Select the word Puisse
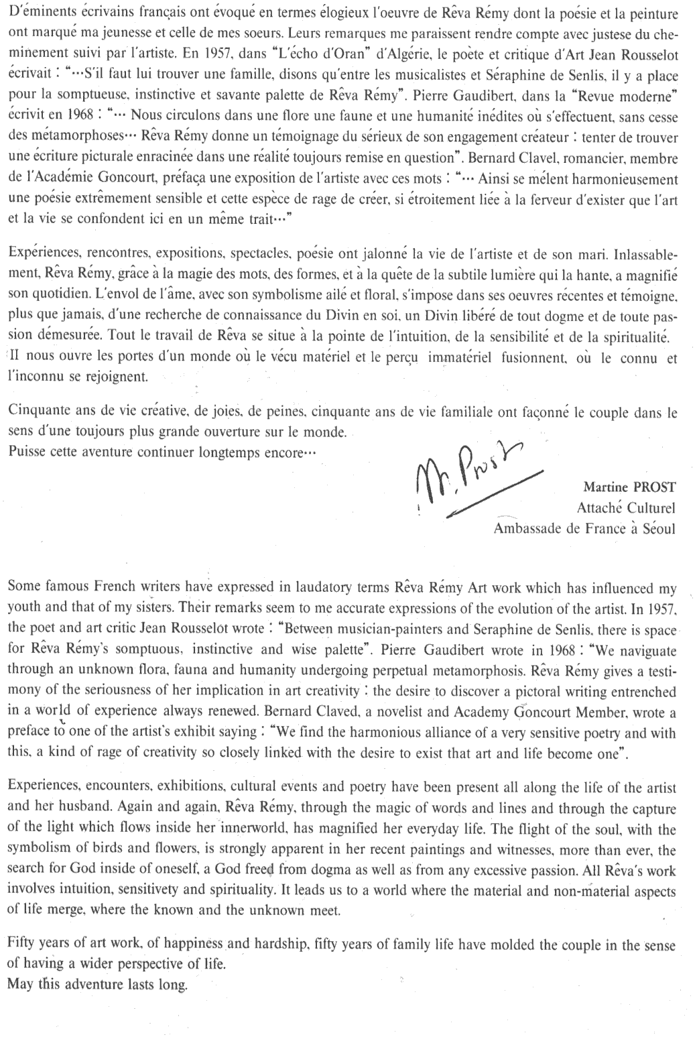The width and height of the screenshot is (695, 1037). [27, 452]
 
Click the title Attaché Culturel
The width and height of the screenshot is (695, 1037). [625, 507]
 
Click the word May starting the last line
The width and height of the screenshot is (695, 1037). [21, 985]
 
